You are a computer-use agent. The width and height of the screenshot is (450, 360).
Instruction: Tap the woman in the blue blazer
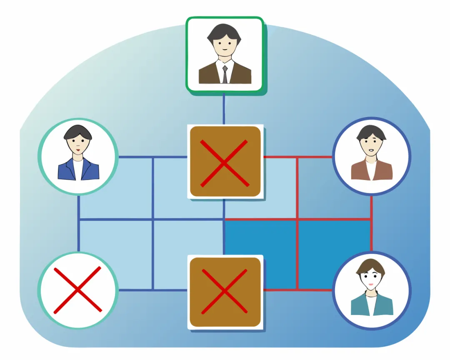[78, 156]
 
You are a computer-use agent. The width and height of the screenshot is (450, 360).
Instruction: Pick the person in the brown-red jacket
[372, 156]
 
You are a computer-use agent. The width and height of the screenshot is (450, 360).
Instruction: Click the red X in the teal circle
[77, 290]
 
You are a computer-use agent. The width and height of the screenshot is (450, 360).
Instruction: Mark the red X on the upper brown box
[225, 162]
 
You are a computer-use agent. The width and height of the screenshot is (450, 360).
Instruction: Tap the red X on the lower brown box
[225, 291]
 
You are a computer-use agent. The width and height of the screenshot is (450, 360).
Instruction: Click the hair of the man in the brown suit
[224, 31]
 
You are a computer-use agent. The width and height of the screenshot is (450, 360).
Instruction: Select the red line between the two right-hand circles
[371, 223]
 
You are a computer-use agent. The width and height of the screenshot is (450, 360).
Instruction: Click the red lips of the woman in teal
[370, 285]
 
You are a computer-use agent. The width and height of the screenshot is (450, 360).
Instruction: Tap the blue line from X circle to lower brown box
[152, 290]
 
